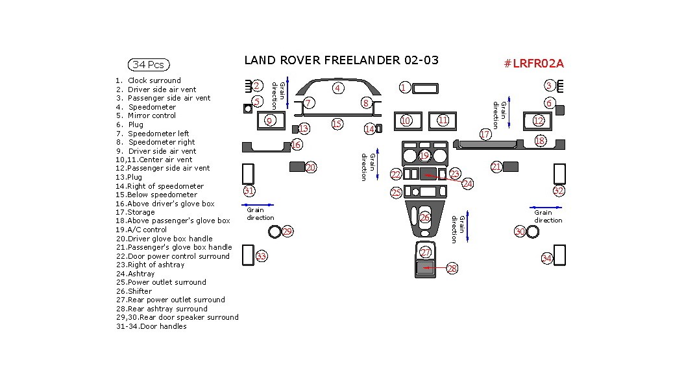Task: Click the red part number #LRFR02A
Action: tap(533, 64)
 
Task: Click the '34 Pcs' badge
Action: tap(149, 65)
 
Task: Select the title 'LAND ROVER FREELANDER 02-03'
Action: tap(341, 60)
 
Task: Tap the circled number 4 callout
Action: tap(337, 88)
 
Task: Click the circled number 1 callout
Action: tap(403, 88)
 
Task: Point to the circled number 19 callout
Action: tap(424, 156)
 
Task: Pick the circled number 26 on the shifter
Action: tap(425, 217)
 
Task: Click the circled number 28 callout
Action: tap(452, 269)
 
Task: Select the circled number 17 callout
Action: tap(485, 134)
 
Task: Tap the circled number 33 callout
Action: tap(262, 256)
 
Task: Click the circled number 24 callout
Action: tap(467, 184)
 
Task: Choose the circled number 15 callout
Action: tap(336, 124)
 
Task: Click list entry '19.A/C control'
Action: tap(141, 230)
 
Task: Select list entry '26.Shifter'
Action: tap(135, 291)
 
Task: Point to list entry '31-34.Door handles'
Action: tap(151, 326)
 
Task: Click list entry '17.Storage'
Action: tap(136, 212)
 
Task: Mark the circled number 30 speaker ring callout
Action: tap(520, 232)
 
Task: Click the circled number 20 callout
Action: tap(310, 167)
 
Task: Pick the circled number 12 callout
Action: tap(538, 121)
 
